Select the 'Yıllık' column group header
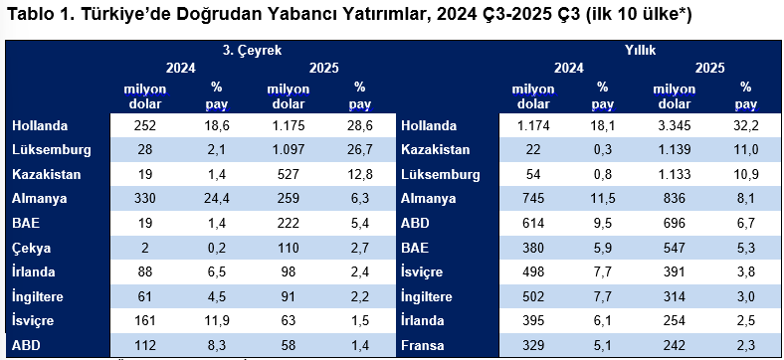click(x=640, y=49)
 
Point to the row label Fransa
click(x=426, y=346)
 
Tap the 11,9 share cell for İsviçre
click(x=217, y=322)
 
